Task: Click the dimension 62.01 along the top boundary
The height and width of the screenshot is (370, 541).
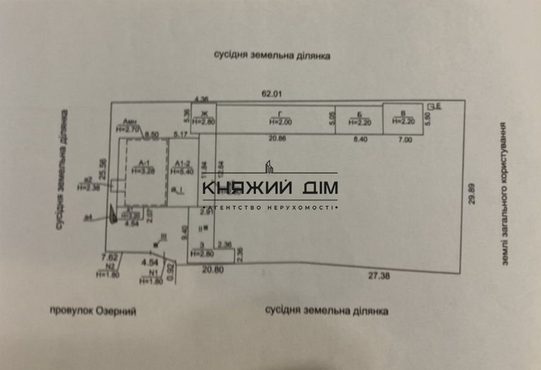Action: pos(272,94)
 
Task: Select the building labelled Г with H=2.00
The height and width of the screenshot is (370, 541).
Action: pos(279,119)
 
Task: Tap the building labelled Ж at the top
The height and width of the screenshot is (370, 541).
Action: pos(204,118)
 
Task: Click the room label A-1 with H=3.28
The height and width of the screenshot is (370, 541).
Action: pos(143,166)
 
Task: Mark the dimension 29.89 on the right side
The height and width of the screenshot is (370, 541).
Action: pos(472,193)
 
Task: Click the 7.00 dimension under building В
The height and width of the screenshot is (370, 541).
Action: pos(405,140)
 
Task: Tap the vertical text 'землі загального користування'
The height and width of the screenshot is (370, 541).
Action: pos(504,193)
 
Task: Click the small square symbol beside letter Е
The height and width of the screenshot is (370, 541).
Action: pos(431,106)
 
